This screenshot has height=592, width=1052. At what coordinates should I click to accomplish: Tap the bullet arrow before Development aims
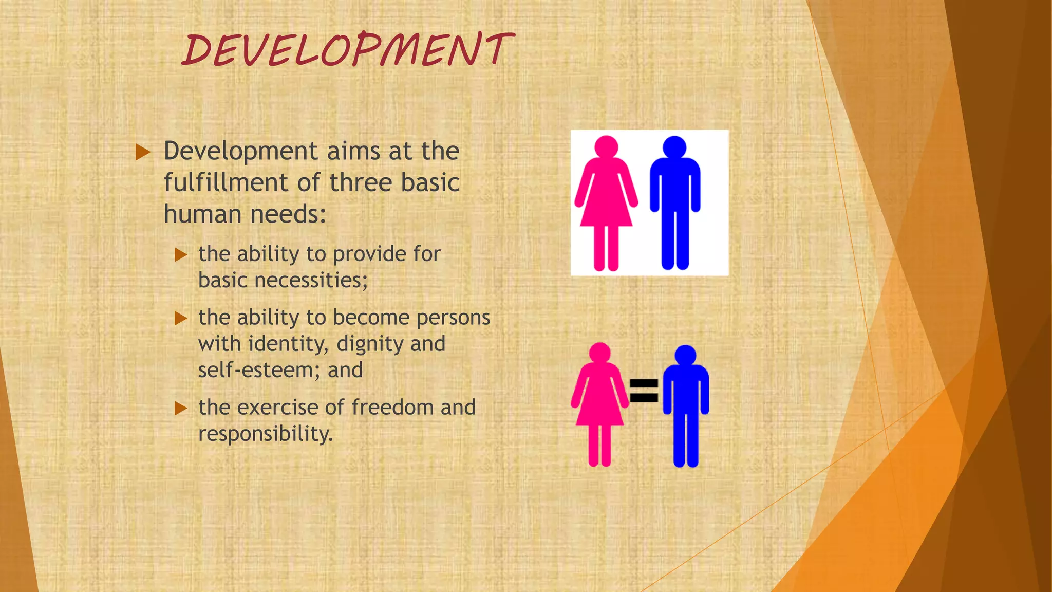[143, 152]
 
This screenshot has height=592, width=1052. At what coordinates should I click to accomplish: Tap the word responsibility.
[265, 434]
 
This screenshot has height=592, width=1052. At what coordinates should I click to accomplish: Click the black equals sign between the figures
[644, 390]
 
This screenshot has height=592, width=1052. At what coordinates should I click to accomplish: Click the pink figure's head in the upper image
[606, 146]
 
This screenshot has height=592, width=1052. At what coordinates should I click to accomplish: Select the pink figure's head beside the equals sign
[599, 353]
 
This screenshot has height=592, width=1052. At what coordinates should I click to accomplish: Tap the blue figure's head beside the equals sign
[685, 355]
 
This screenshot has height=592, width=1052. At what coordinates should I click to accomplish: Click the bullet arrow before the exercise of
[180, 409]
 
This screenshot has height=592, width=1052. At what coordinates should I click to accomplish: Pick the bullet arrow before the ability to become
[180, 319]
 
